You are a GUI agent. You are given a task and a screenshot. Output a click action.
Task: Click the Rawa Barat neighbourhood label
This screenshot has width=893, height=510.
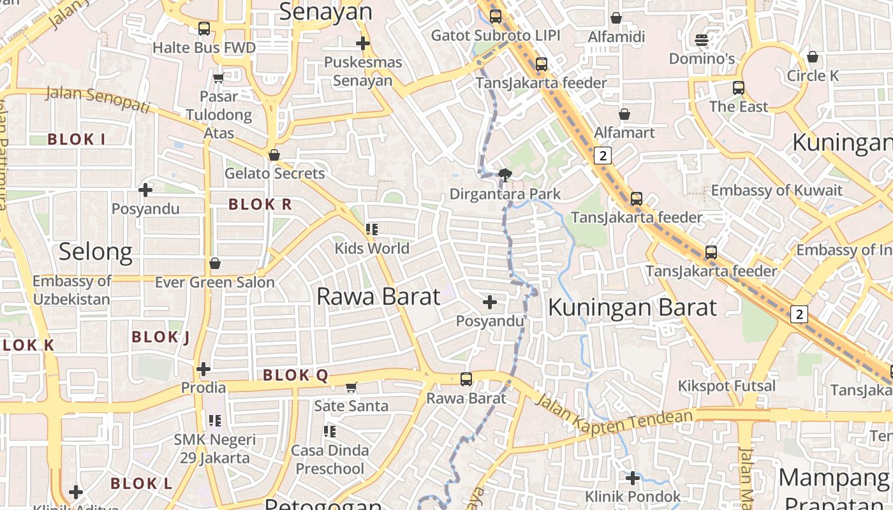pyautogui.click(x=378, y=296)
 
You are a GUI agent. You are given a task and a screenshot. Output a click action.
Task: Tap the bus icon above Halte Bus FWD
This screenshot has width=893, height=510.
pyautogui.click(x=204, y=28)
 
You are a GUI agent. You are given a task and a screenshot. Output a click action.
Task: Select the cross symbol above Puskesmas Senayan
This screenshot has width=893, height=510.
pyautogui.click(x=363, y=43)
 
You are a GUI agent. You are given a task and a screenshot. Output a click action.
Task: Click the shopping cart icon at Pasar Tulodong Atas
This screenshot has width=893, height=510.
pyautogui.click(x=218, y=78)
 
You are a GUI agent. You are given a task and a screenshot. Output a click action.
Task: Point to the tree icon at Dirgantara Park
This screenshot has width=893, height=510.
pyautogui.click(x=505, y=175)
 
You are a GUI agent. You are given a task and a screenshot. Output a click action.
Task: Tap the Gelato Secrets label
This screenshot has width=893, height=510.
pyautogui.click(x=274, y=173)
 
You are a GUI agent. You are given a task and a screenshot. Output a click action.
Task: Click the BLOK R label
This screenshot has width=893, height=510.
pyautogui.click(x=260, y=205)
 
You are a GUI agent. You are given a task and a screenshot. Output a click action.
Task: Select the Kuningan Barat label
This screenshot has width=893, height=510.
pyautogui.click(x=632, y=307)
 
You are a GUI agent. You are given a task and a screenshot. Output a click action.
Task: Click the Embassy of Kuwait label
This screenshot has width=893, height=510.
pyautogui.click(x=776, y=190)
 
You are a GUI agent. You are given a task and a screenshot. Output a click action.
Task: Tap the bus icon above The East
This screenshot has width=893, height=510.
pyautogui.click(x=739, y=88)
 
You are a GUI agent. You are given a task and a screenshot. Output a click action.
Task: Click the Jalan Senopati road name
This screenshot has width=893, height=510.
pyautogui.click(x=98, y=101)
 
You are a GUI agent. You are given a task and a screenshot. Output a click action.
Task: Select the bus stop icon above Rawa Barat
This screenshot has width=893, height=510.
pyautogui.click(x=466, y=379)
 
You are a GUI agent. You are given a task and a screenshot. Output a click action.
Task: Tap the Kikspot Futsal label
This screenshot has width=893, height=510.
pyautogui.click(x=727, y=386)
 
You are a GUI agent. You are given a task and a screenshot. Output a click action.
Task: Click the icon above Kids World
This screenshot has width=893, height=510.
pyautogui.click(x=373, y=229)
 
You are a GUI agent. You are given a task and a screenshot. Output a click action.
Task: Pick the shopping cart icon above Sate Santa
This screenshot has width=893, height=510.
pyautogui.click(x=351, y=387)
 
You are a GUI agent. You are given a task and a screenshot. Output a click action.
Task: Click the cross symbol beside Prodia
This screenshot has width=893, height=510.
pyautogui.click(x=203, y=368)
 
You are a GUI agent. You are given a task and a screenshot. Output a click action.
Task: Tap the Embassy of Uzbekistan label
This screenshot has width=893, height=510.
pyautogui.click(x=71, y=290)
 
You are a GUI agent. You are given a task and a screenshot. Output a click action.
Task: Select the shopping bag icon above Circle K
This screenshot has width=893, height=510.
pyautogui.click(x=813, y=57)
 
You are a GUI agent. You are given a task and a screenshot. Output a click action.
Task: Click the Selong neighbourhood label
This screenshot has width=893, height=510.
pyautogui.click(x=96, y=252)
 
